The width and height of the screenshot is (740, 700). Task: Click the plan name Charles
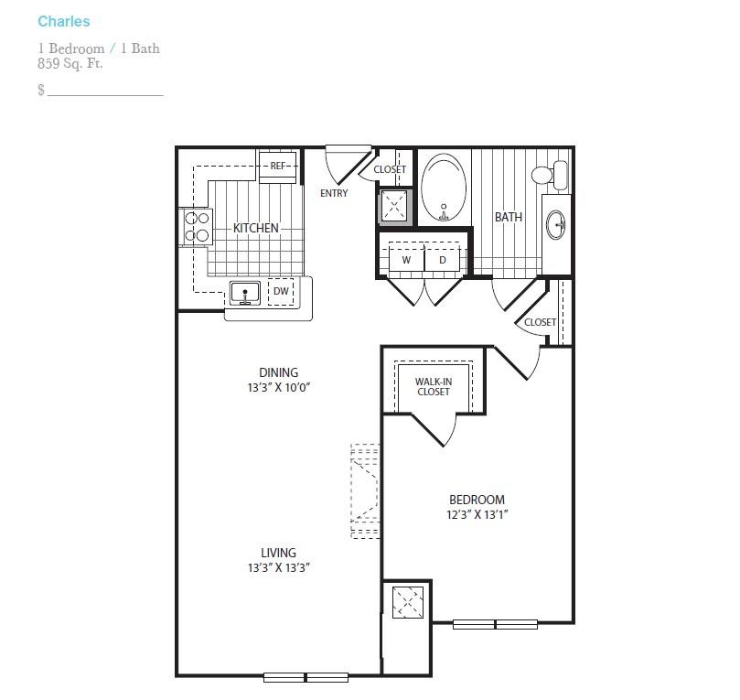coord(64,21)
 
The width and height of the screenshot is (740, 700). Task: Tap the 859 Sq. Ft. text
coord(70,63)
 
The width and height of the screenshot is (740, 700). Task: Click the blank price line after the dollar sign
coord(105,95)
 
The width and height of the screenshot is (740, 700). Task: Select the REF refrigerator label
coord(278,166)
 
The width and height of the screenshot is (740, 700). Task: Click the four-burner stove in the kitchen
coord(198,226)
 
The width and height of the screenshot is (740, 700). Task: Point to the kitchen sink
coord(245,293)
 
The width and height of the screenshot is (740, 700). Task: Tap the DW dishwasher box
coord(282,291)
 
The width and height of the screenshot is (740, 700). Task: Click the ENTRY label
coord(334,193)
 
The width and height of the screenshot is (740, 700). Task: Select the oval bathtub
coord(444,188)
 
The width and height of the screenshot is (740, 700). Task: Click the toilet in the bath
coord(550,175)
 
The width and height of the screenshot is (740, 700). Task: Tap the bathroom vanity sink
coord(556,225)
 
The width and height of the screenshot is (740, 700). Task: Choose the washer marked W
coord(406,260)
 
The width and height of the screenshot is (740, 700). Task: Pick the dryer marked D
coord(442,260)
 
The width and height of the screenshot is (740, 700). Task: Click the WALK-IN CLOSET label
coord(434,386)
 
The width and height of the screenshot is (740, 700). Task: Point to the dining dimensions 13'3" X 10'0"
coord(278,388)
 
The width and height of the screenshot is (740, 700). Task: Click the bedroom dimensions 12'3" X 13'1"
coord(477,514)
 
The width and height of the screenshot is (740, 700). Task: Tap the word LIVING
coord(278,553)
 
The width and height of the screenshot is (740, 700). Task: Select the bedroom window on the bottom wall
coord(495,624)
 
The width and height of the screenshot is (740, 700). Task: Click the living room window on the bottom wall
coord(306,677)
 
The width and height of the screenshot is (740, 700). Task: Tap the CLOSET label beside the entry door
coord(390,169)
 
